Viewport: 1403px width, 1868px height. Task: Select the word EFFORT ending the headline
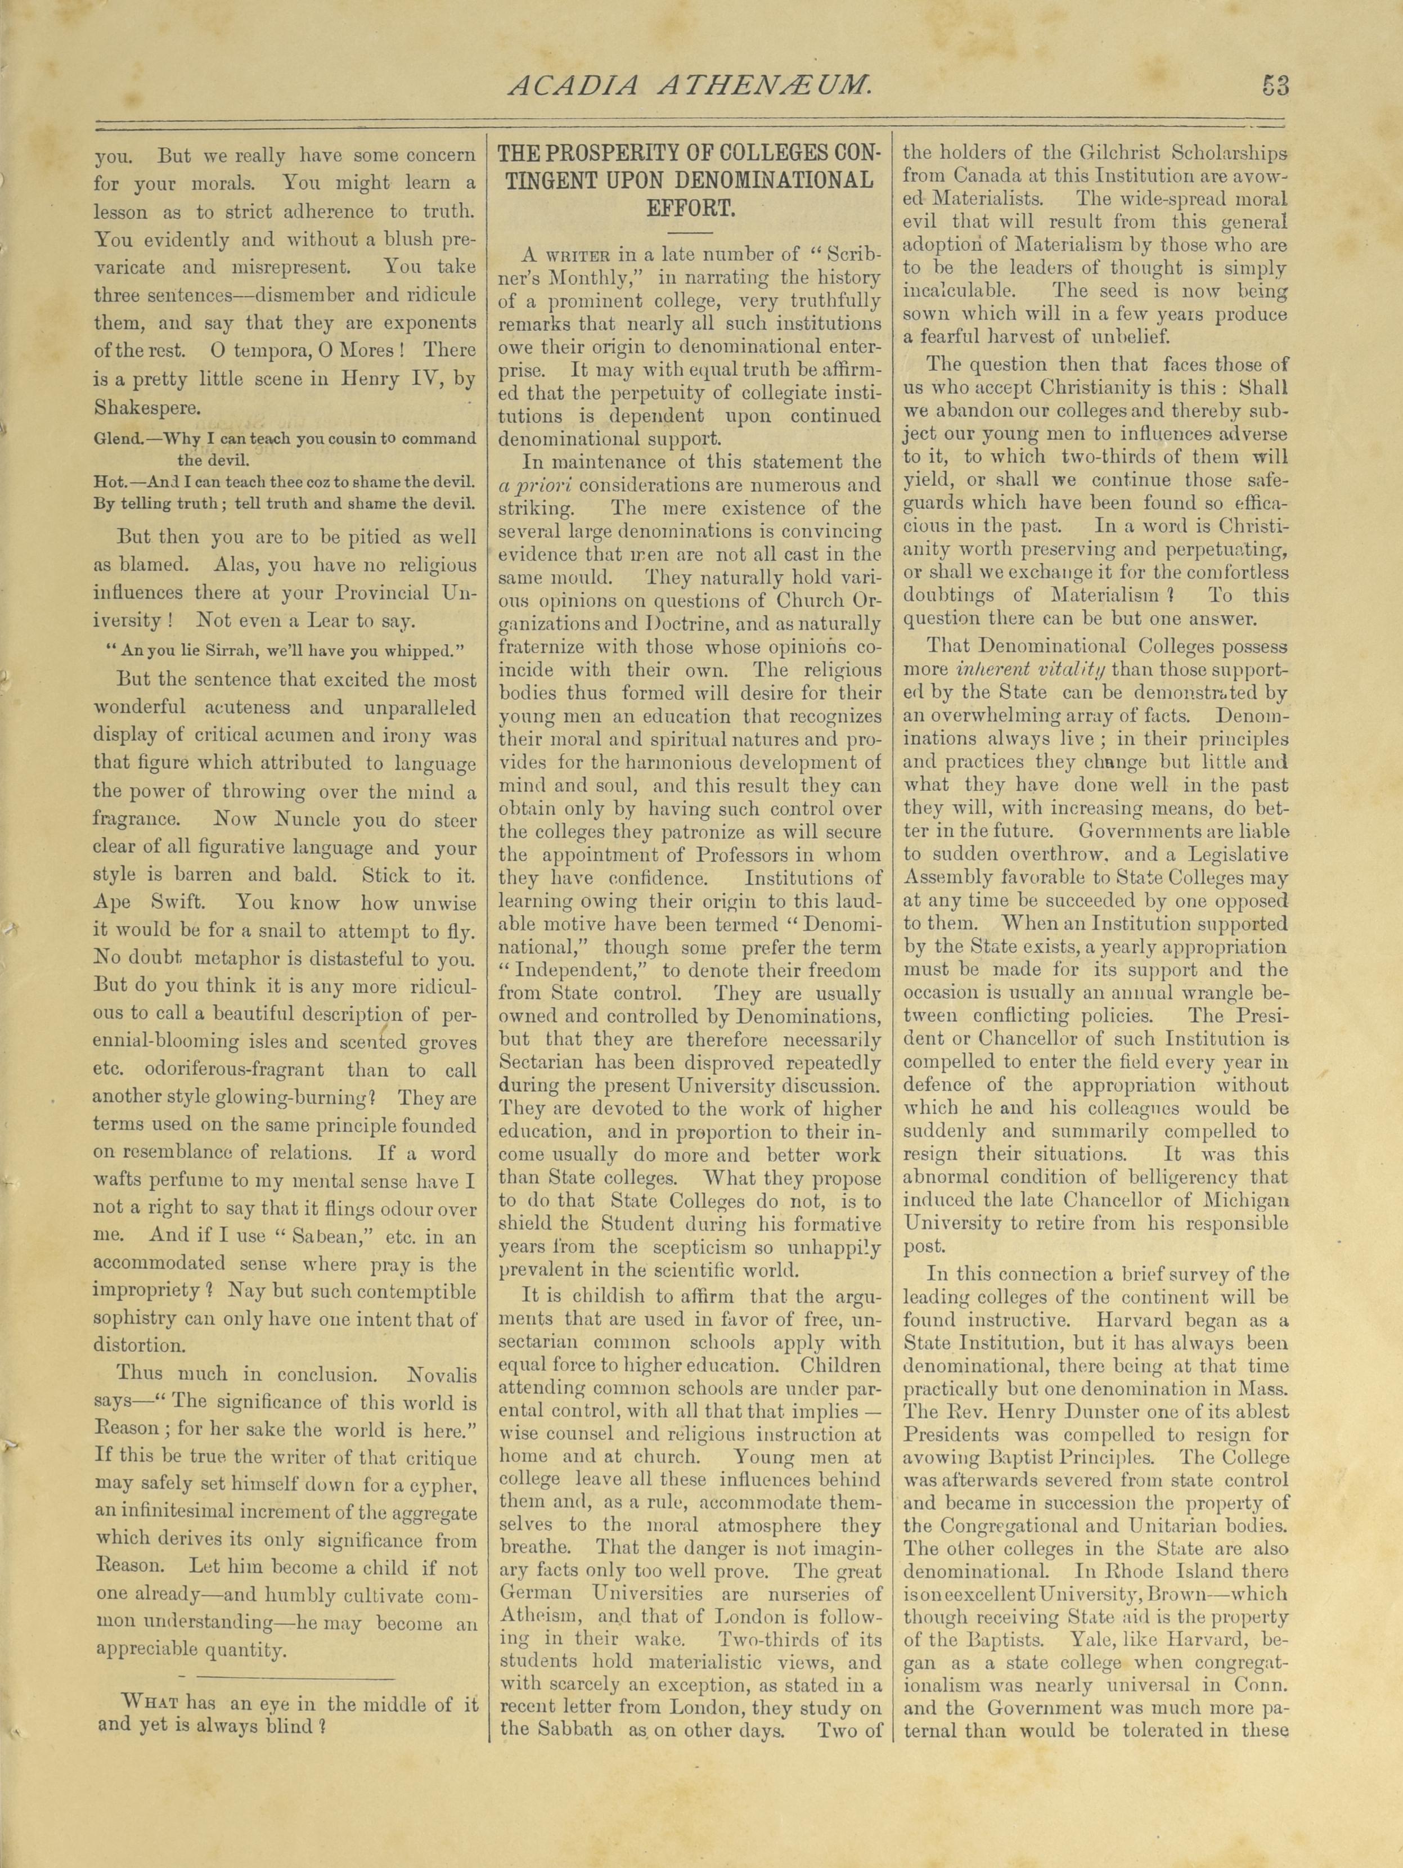pos(690,207)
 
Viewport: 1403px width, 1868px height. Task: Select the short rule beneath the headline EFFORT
pos(690,231)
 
